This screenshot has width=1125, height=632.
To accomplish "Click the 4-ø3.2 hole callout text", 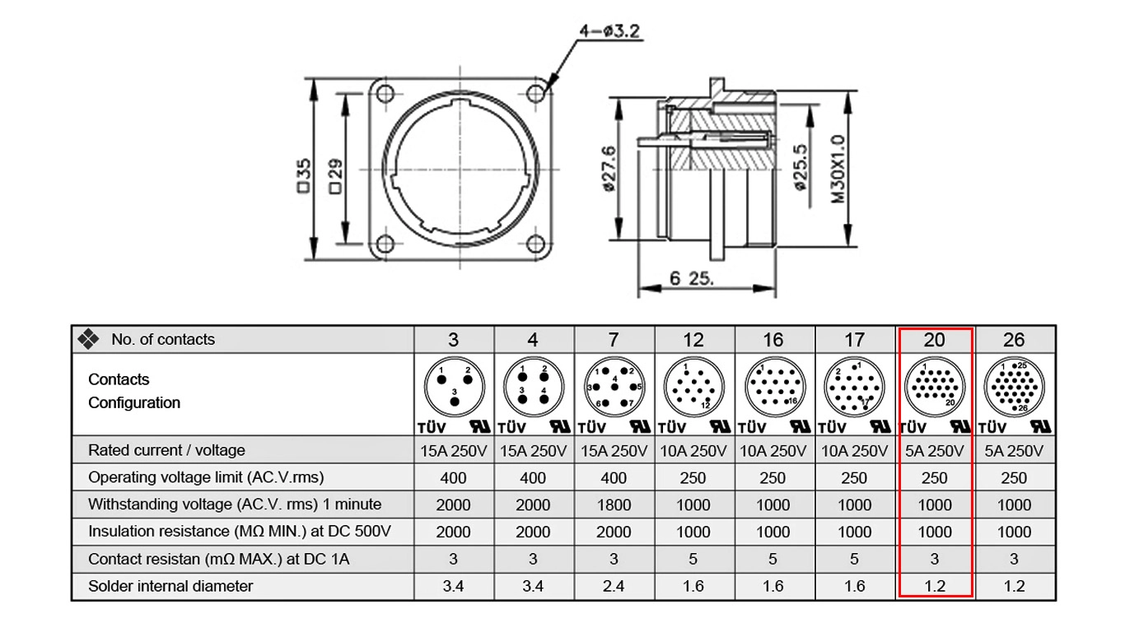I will click(x=609, y=31).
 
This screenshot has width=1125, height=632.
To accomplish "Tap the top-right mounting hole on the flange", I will click(x=536, y=92).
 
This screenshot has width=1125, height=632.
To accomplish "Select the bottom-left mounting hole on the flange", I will click(x=385, y=244).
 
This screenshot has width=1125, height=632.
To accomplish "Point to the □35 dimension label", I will click(x=303, y=176).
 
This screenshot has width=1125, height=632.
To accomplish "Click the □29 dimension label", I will click(x=335, y=176).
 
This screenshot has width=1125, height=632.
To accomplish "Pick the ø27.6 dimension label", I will click(x=609, y=169).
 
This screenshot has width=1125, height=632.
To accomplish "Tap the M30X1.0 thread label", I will click(x=838, y=169).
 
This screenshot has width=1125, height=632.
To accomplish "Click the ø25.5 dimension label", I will click(x=800, y=169).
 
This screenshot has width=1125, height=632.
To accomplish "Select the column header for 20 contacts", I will click(x=934, y=340).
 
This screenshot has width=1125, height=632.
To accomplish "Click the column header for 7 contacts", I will click(x=614, y=340).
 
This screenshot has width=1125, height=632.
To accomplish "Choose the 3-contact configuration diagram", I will click(x=453, y=387).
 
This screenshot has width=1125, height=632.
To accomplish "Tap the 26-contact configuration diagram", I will click(x=1014, y=387).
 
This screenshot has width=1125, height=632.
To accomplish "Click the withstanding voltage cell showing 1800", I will click(x=614, y=504).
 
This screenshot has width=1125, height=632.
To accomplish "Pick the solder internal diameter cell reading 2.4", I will click(x=614, y=586).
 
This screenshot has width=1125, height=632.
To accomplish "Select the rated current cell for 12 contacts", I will click(x=693, y=451).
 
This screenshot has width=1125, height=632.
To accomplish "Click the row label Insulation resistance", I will click(x=239, y=532).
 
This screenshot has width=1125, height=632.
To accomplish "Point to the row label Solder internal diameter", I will click(x=170, y=586).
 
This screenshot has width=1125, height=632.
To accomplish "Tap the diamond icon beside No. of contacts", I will click(x=88, y=339).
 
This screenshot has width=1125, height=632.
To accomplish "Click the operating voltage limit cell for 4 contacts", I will click(x=533, y=477).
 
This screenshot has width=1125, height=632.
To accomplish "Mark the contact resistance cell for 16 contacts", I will click(x=773, y=559).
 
